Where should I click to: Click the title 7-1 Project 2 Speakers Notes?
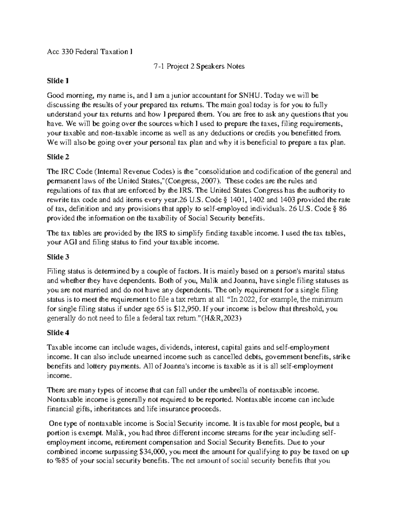199,66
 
